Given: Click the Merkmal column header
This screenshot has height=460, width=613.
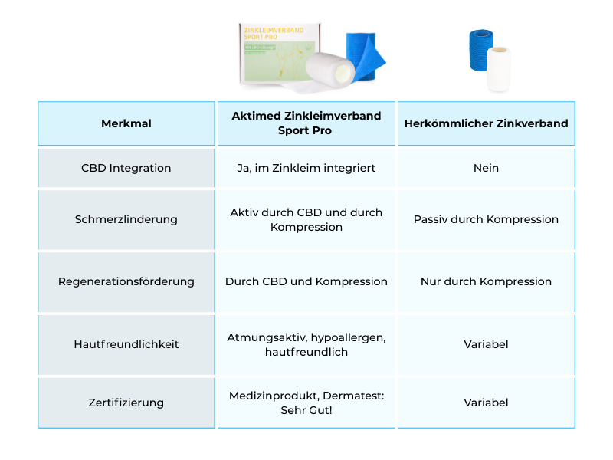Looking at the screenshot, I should [x=126, y=123].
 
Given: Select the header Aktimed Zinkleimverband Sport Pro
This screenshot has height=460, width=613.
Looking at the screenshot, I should [x=306, y=123].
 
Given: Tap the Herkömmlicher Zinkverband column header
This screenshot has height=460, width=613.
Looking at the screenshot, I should [x=486, y=123].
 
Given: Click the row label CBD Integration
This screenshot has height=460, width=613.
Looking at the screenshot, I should [x=126, y=168].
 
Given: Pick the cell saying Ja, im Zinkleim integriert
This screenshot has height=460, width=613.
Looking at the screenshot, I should [x=306, y=168].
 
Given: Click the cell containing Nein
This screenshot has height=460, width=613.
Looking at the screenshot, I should [x=486, y=168].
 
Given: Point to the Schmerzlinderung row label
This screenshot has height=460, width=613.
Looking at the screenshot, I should [x=126, y=219].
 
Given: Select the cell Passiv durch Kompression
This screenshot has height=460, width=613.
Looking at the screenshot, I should [x=486, y=219].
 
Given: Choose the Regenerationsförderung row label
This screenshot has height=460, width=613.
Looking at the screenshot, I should [x=126, y=281].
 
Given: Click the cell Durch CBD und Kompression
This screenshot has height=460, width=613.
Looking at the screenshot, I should [x=306, y=281].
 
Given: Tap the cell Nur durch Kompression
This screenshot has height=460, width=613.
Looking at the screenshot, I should [x=486, y=281].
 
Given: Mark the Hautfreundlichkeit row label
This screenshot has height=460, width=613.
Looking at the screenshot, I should [x=126, y=344].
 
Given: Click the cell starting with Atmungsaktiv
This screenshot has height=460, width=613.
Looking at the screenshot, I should [x=306, y=344].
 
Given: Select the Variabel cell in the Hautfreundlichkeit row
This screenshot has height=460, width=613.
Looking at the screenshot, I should [x=486, y=344].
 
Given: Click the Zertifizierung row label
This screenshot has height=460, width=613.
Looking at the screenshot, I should [x=126, y=402].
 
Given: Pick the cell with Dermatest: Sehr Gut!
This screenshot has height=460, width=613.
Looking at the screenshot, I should [x=306, y=402].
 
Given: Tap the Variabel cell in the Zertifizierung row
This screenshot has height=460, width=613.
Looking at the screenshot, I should [x=486, y=402].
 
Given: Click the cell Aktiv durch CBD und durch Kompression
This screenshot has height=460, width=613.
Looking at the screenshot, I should [x=306, y=219].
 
